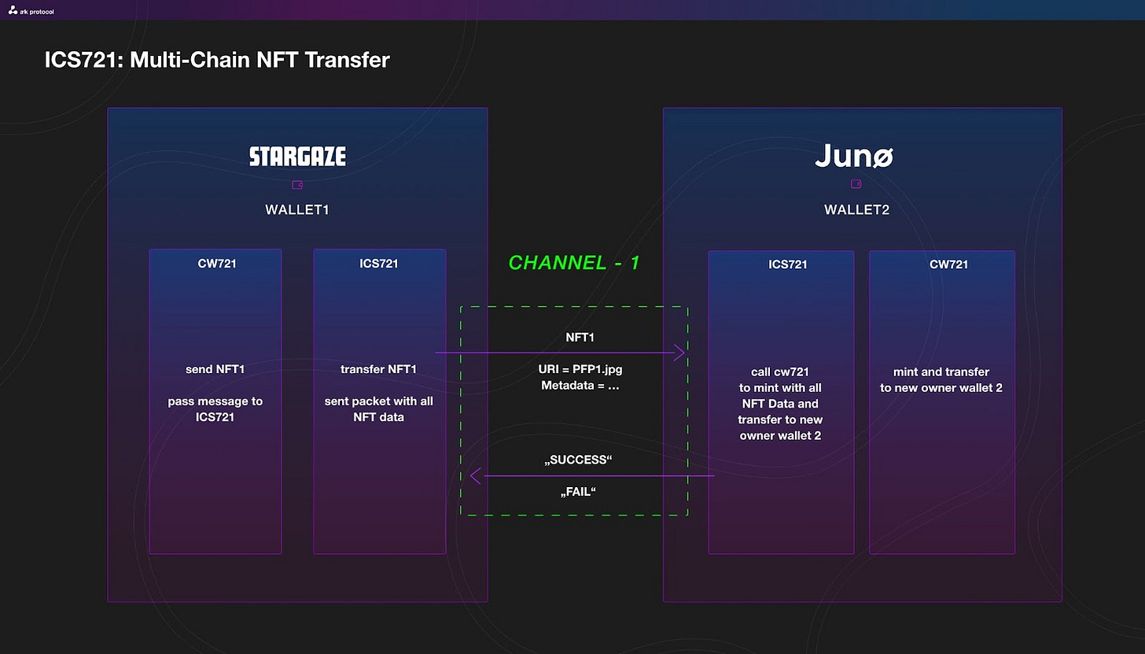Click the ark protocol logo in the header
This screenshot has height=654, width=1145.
coord(31,11)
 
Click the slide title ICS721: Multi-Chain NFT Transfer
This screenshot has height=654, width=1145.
coord(217,60)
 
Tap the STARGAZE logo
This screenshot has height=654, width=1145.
coord(297,156)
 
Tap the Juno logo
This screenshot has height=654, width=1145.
coord(854,155)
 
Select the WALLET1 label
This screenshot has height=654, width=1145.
coord(297,210)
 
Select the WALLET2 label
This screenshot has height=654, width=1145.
coord(856,210)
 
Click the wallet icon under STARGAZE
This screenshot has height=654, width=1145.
coord(297,185)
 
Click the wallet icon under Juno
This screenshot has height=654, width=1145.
coord(856,183)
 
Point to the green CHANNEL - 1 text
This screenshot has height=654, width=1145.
coord(573,263)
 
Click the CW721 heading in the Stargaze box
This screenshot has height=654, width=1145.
coord(217,264)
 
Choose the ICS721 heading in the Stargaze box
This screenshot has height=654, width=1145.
coord(378,264)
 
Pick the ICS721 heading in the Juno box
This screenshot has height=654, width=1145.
coord(787,264)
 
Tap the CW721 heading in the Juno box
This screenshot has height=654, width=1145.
coord(948,264)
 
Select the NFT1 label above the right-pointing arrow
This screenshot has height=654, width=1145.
coord(580,338)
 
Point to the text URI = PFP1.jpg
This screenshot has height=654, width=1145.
coord(580,369)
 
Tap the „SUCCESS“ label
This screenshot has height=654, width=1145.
coord(578,460)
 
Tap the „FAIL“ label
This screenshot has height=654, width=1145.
coord(578,492)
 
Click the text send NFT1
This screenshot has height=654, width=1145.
coord(215,369)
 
